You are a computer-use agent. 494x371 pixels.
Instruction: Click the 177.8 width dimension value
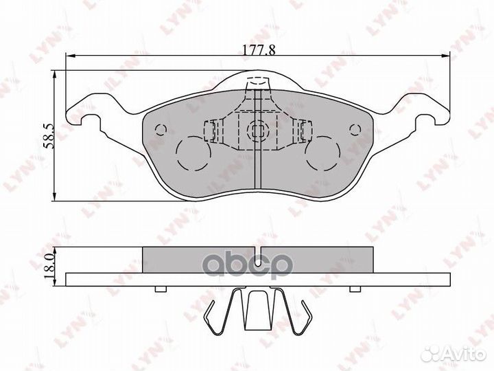pos(259,49)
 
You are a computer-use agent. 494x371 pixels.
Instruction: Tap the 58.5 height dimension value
pos(49,136)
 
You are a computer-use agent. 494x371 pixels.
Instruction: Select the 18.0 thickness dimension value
pos(49,267)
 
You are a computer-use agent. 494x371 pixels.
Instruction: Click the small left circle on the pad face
pos(161,130)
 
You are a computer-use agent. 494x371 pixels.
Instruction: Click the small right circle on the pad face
pos(355,130)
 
